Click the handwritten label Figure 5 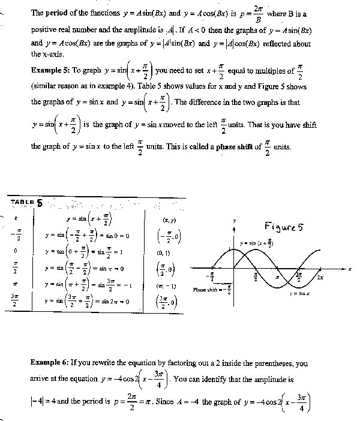pyautogui.click(x=285, y=227)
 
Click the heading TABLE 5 pyautogui.click(x=26, y=202)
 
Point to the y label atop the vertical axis pyautogui.click(x=235, y=221)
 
